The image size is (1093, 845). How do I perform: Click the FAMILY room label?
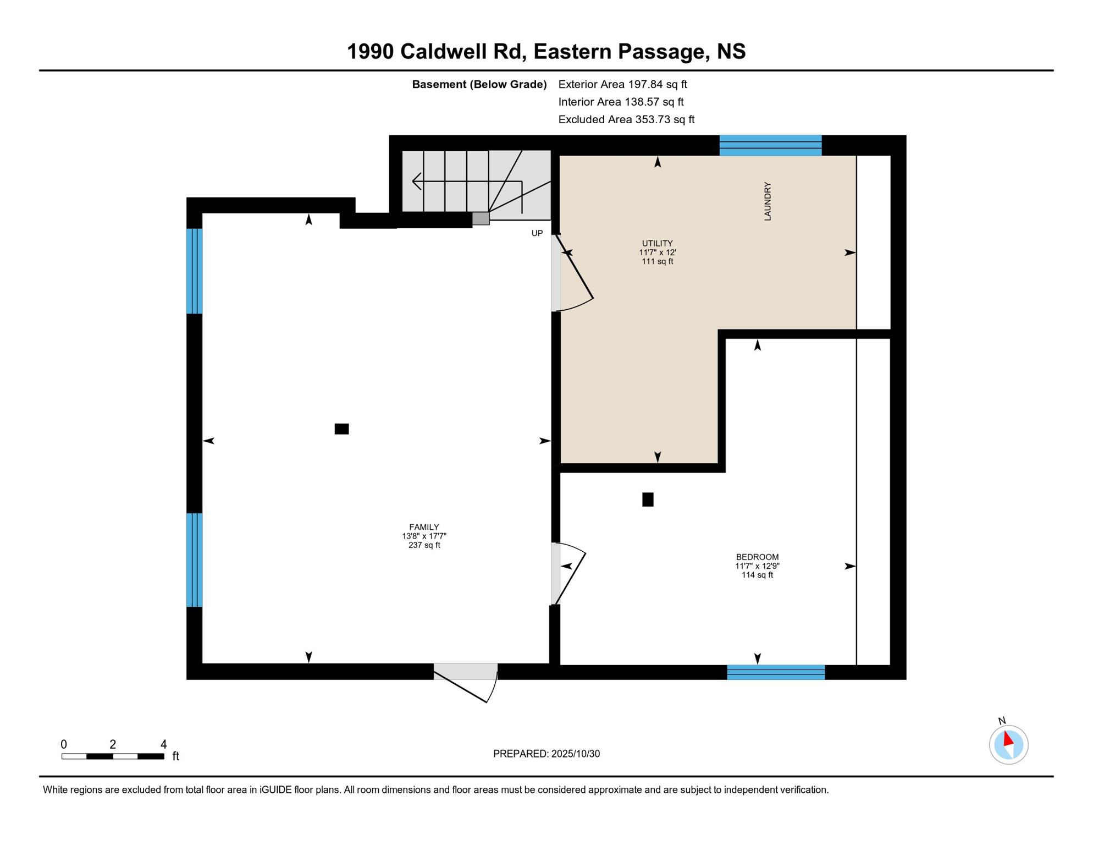click(424, 527)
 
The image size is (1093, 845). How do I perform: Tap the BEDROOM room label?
click(757, 557)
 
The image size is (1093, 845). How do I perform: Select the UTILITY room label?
click(657, 243)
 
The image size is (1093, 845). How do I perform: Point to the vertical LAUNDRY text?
click(768, 201)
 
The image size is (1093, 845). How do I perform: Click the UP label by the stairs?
click(537, 233)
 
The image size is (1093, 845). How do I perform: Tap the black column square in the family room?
click(341, 429)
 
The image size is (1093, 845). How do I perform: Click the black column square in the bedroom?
click(648, 500)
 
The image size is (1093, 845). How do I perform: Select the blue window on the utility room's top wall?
click(770, 146)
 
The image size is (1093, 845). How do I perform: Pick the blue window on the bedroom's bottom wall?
click(775, 672)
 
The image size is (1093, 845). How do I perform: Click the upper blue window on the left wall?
click(195, 271)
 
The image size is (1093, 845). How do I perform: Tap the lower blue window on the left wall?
click(195, 560)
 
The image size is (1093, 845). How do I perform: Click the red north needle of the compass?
click(1008, 739)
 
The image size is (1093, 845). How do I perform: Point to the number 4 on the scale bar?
click(163, 744)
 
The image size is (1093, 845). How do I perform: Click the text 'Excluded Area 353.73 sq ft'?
click(626, 119)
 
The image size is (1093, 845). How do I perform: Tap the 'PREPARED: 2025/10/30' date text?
click(546, 754)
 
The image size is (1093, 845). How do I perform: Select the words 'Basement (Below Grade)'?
click(479, 84)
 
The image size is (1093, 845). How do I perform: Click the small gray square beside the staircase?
click(481, 218)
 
